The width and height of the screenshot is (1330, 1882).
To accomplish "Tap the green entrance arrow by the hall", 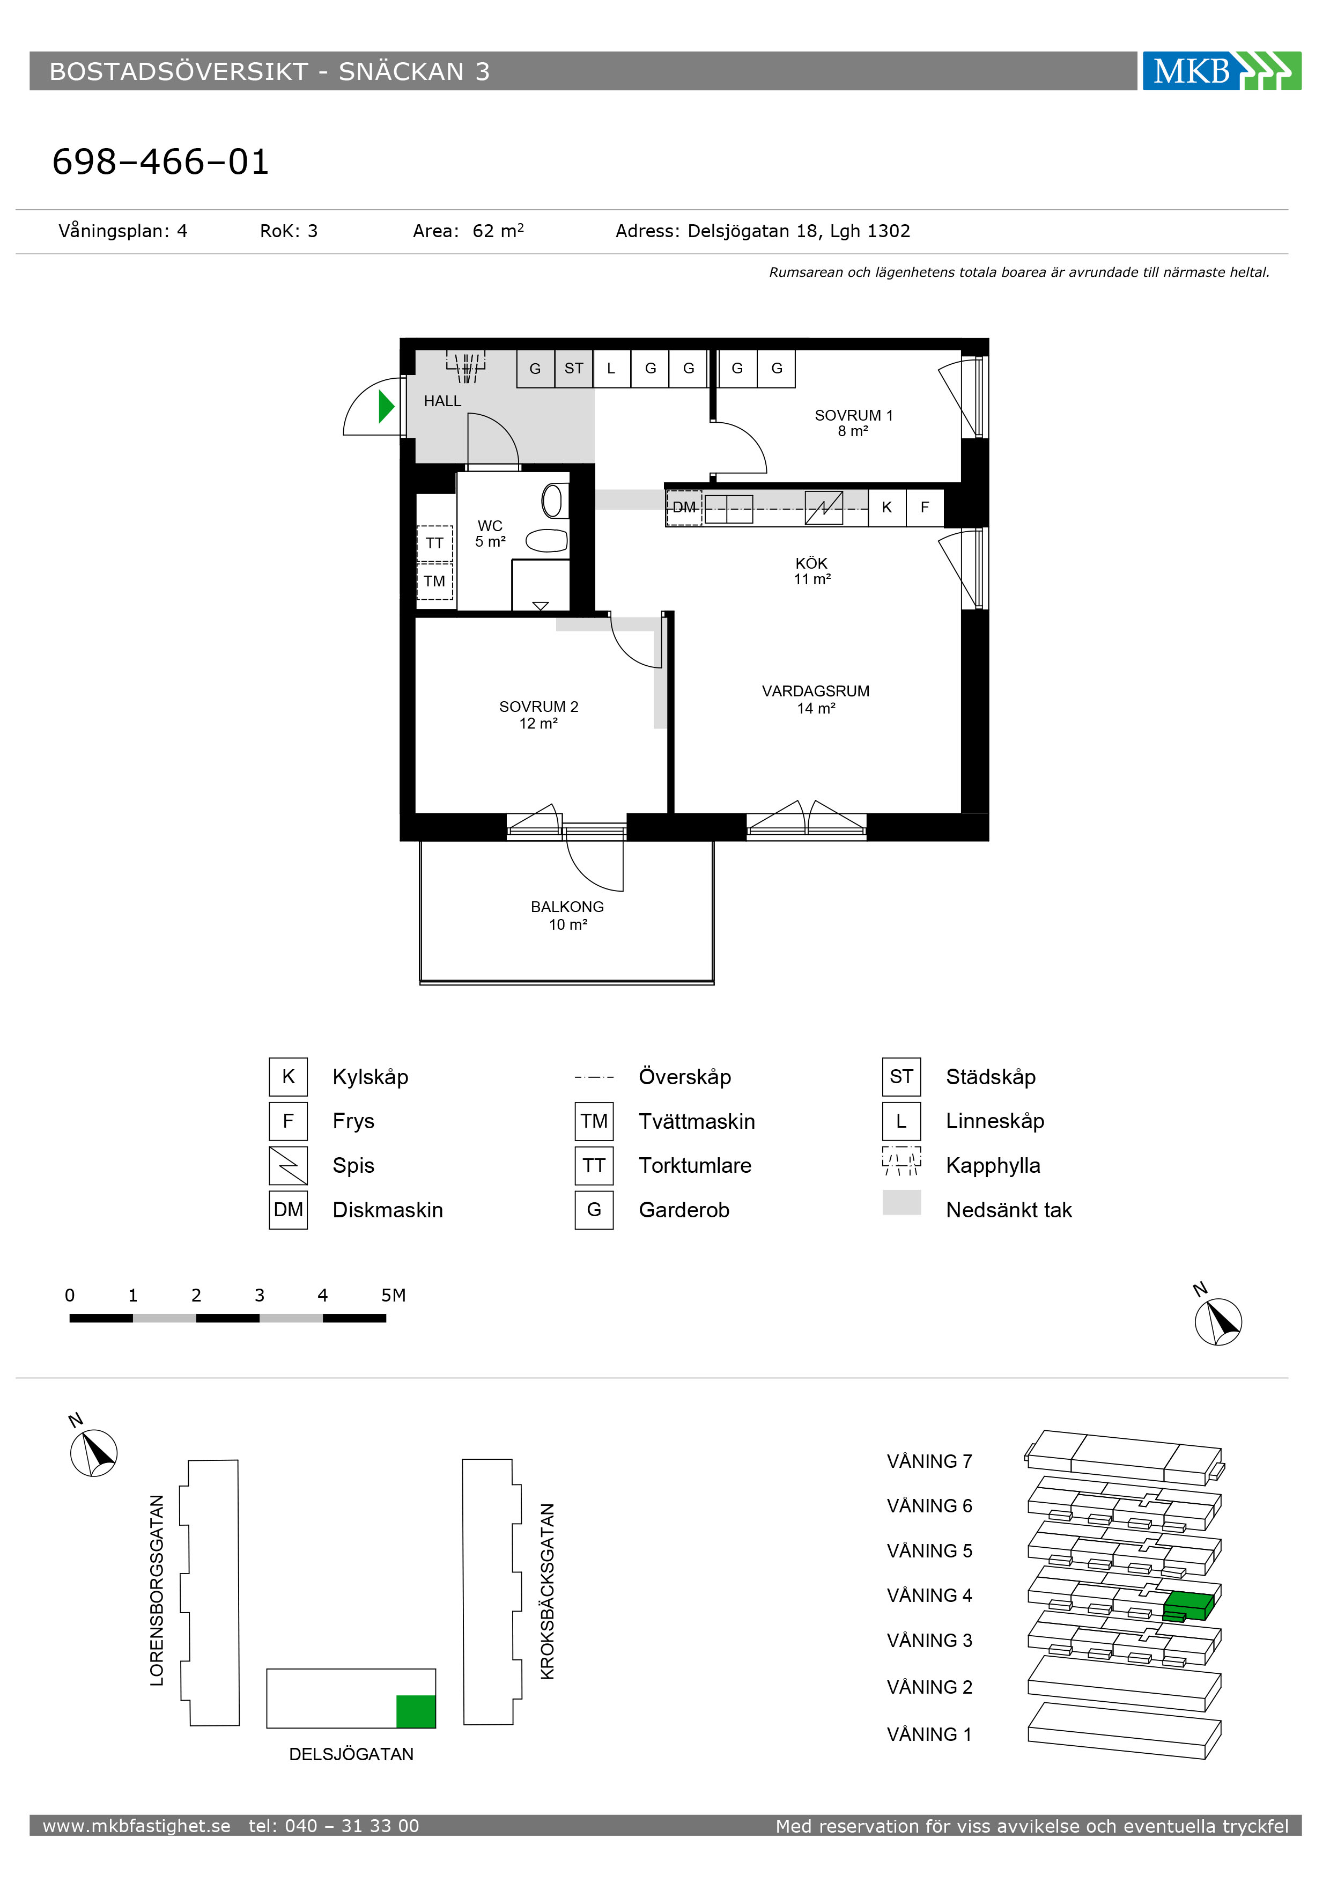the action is [387, 407].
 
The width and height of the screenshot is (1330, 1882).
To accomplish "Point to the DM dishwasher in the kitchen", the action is [684, 508].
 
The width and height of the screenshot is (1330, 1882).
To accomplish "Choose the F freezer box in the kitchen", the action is [925, 508].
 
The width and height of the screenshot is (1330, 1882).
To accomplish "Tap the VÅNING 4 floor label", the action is [929, 1595].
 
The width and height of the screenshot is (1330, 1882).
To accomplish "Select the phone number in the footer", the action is [334, 1826].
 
